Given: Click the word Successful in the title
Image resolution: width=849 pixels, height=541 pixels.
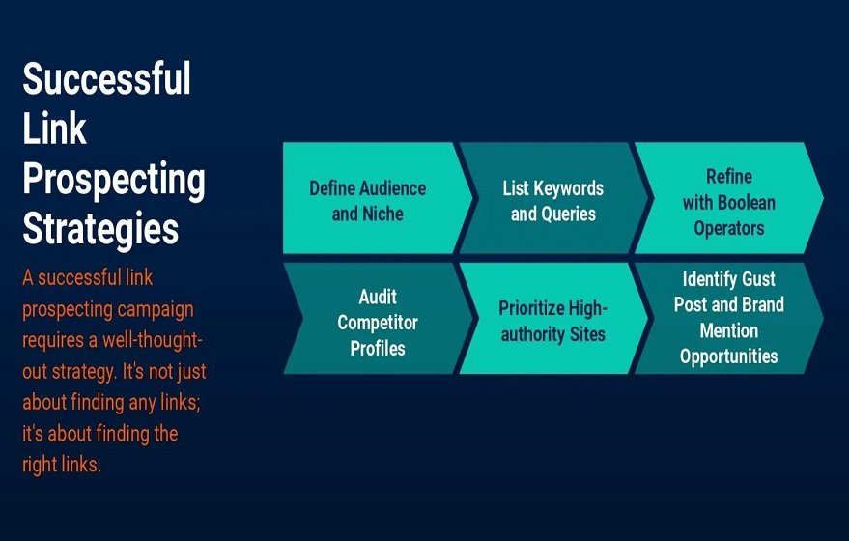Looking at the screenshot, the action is coord(106,78).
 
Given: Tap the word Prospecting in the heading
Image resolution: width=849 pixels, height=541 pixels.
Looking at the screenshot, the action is coord(114,181).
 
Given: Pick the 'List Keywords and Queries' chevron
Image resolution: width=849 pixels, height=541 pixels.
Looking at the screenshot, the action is coord(552,198).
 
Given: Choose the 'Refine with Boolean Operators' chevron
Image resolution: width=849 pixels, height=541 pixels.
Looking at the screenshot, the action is coord(729,198).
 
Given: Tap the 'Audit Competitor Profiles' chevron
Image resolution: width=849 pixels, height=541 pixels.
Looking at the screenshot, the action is coord(377,319).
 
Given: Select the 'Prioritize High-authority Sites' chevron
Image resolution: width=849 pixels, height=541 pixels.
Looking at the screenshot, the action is coord(552,319).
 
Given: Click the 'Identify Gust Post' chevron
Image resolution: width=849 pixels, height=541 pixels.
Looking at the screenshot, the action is coord(729,319).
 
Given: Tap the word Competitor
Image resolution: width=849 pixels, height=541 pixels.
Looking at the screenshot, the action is coord(378,323).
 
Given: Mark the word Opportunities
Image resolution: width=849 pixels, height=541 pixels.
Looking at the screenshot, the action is coord(729,356).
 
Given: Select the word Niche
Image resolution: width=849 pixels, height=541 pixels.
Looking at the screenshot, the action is coord(382,214).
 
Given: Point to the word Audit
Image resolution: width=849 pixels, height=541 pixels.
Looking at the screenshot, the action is coord(378,297).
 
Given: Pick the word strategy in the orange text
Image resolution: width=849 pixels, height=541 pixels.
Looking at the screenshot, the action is coord(83,372).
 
